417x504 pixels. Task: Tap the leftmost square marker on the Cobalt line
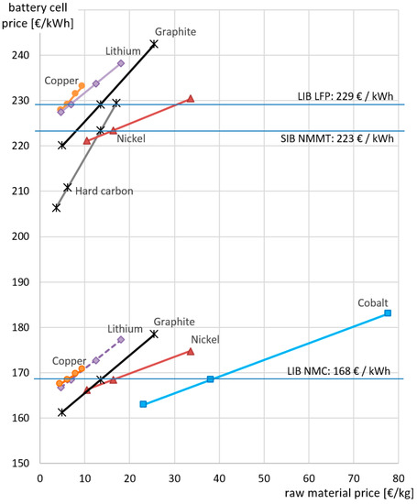tap(143, 404)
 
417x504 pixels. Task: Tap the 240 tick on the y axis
tap(20, 56)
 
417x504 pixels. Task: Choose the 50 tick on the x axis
tap(264, 477)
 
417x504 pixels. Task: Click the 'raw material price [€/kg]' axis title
tap(348, 495)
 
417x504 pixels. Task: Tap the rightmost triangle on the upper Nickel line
tap(191, 98)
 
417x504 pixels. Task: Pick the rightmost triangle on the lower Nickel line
tap(191, 351)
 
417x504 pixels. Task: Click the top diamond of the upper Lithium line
tap(121, 63)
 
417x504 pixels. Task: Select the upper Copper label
tap(61, 82)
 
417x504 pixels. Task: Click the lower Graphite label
tap(174, 322)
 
